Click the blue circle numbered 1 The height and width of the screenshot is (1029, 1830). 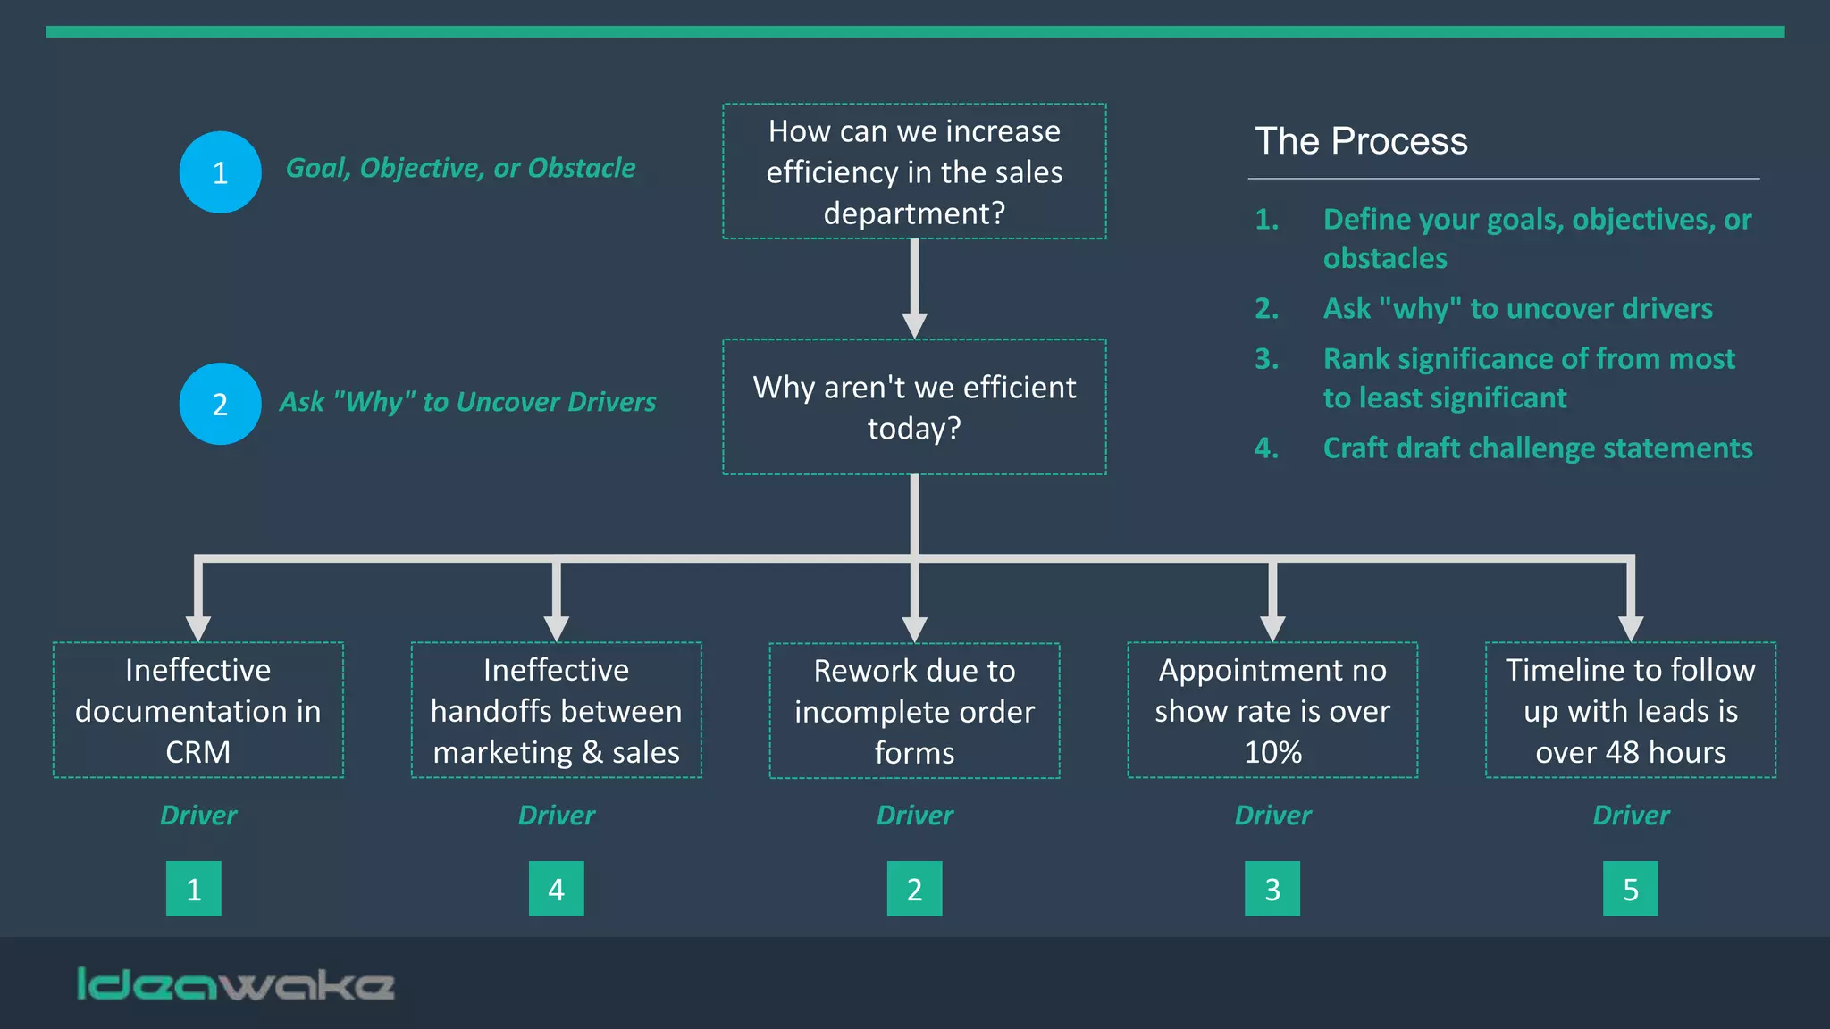click(x=220, y=172)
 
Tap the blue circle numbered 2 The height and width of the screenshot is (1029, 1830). click(x=220, y=404)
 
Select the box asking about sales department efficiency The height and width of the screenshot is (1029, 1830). click(x=914, y=171)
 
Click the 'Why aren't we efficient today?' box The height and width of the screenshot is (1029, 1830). click(x=914, y=407)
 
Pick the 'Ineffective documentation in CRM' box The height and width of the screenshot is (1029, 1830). click(x=198, y=710)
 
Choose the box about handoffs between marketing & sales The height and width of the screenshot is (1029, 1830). click(x=556, y=710)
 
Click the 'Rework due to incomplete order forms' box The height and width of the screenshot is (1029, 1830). click(x=914, y=711)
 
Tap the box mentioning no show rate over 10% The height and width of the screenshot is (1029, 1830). click(x=1272, y=710)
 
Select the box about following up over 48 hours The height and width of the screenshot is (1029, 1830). click(x=1631, y=710)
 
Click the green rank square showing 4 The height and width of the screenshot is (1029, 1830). click(x=556, y=889)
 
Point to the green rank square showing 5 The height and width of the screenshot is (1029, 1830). click(x=1630, y=889)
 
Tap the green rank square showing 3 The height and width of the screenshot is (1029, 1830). click(x=1272, y=889)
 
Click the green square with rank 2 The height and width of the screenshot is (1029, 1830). click(x=914, y=889)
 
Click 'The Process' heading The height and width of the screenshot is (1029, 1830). click(x=1361, y=141)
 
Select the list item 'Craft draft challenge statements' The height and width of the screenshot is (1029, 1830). click(x=1537, y=448)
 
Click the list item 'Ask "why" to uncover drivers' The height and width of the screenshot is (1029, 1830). click(x=1517, y=308)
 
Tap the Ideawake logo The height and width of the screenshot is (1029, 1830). click(x=236, y=984)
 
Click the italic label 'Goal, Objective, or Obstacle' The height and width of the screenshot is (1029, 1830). click(x=460, y=168)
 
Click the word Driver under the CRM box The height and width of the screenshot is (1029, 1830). click(x=198, y=816)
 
